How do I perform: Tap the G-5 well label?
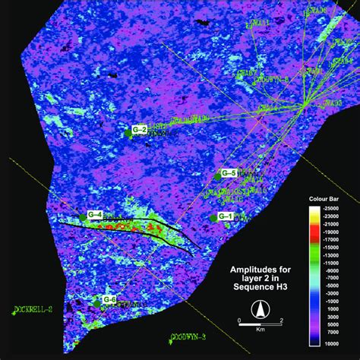point(229,173)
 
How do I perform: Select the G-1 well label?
point(225,216)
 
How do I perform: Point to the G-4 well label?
point(95,213)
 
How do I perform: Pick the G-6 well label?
point(109,299)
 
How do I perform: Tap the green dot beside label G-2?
point(129,131)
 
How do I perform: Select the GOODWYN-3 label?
point(188,336)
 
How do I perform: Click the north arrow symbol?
point(260,309)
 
